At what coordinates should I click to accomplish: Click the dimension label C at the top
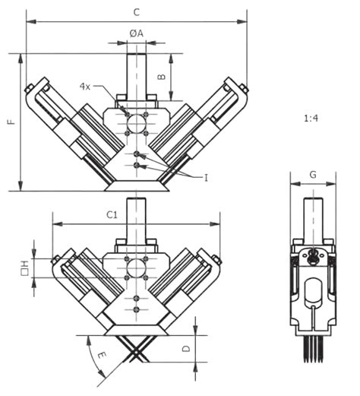coord(136,11)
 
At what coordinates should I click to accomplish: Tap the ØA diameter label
coord(136,33)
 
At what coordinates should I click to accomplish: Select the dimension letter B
coord(161,77)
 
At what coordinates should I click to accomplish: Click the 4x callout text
coord(86,87)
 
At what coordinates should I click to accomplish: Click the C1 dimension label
coord(112,215)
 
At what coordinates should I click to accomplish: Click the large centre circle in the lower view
coord(137,268)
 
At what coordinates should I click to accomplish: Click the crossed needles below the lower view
coord(137,350)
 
